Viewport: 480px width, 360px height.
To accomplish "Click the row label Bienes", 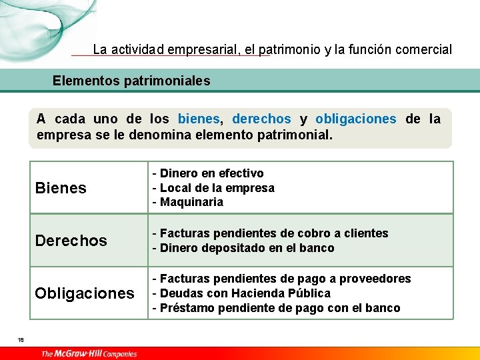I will [x=61, y=188].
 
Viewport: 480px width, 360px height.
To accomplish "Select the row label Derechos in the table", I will [x=71, y=241].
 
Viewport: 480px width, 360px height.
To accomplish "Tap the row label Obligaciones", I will [x=85, y=293].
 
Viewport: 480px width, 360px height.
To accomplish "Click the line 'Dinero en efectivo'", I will [x=208, y=173].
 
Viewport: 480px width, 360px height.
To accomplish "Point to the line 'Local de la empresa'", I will [x=213, y=188].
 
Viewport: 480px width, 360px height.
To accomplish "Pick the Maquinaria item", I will [x=188, y=202].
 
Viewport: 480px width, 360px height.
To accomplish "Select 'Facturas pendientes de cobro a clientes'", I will [x=270, y=233].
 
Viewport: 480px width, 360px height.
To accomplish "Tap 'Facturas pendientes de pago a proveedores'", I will [x=281, y=279].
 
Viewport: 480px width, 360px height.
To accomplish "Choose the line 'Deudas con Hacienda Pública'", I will [x=241, y=293].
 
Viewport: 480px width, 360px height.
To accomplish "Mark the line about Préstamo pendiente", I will [x=276, y=308].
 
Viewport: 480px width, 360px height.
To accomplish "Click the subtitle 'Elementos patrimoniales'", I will [x=131, y=81].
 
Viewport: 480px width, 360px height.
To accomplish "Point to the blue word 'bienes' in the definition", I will [x=199, y=119].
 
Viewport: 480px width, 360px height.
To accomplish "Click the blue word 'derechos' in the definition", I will [x=261, y=119].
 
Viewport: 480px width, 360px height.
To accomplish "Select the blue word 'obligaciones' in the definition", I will [x=355, y=119].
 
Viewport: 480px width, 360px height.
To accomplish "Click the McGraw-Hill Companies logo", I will [x=89, y=353].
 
